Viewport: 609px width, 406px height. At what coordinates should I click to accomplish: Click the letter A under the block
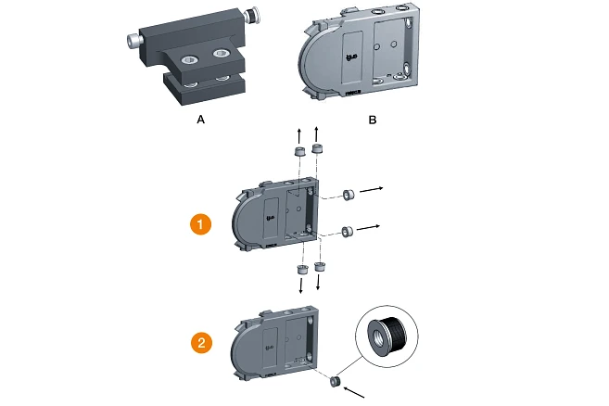click(x=199, y=120)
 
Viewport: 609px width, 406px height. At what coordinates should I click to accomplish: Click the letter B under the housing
click(x=373, y=120)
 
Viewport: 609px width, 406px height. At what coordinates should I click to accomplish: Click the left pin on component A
click(x=133, y=41)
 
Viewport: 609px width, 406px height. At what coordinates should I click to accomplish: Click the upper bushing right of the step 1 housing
click(x=349, y=195)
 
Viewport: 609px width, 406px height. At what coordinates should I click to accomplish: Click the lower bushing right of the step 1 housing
click(x=349, y=231)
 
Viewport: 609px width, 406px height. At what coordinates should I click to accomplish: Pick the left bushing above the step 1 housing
click(x=299, y=151)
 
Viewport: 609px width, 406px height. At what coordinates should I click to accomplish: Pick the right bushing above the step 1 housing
click(x=318, y=148)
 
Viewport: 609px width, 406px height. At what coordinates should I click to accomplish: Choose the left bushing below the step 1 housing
click(x=301, y=269)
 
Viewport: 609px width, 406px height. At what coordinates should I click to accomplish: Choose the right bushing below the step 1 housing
click(x=321, y=267)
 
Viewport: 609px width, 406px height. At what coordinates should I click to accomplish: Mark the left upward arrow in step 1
click(x=298, y=134)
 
